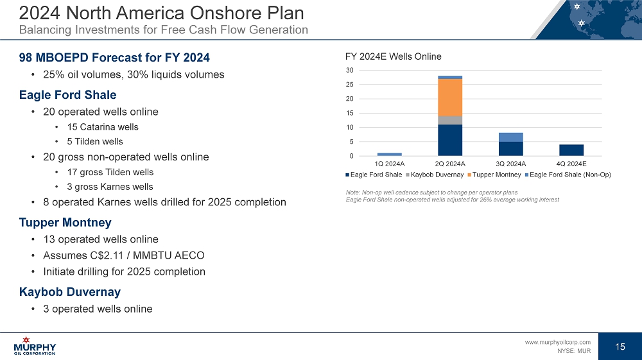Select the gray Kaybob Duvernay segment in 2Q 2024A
pos(450,120)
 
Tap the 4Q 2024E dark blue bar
pos(571,150)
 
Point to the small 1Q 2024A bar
pos(389,154)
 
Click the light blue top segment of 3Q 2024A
pos(510,137)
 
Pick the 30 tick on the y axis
pos(349,70)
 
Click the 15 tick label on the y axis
pos(349,113)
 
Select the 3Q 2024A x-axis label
pos(510,164)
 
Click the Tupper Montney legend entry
pos(496,175)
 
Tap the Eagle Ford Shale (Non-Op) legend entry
pos(570,175)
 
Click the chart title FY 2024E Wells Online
pos(393,56)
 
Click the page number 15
pos(620,347)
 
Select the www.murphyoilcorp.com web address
pos(557,342)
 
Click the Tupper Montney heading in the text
pos(65,223)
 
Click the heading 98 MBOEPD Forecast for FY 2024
pos(114,56)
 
